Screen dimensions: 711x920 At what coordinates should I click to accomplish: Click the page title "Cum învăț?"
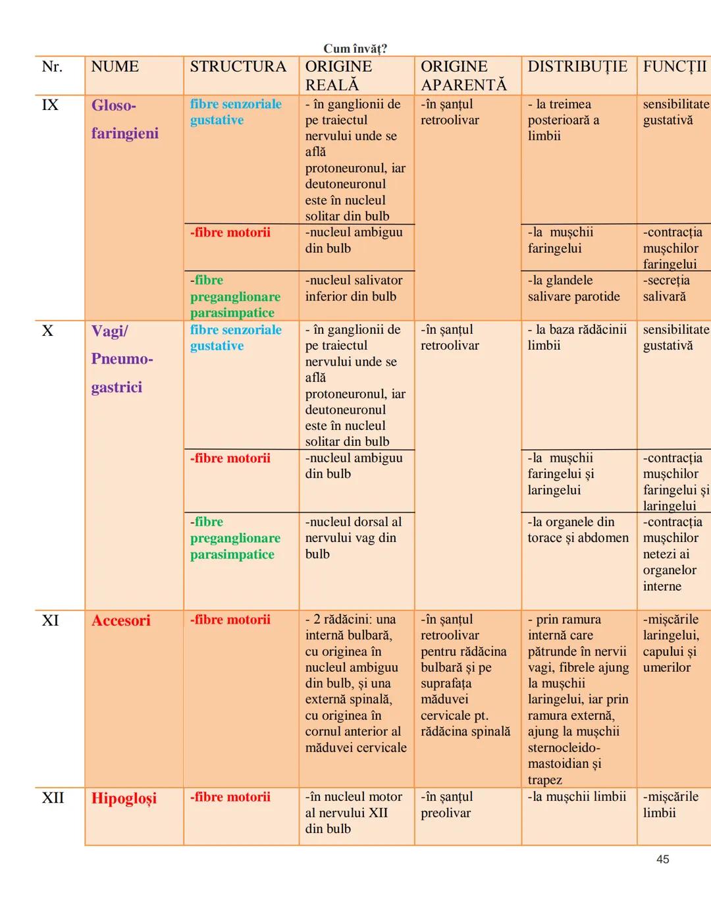tap(355, 49)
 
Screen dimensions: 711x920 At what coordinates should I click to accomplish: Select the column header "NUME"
tap(115, 67)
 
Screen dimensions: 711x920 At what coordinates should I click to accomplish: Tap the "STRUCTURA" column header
tap(238, 67)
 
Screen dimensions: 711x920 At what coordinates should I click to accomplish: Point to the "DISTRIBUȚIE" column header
tap(577, 67)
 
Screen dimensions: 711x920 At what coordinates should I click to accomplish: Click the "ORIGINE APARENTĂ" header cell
tap(463, 76)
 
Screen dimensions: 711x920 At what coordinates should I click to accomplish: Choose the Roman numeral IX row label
tap(50, 105)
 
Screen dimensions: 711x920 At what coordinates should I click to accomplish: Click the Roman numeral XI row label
tap(51, 620)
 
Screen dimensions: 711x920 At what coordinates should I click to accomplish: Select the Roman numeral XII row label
tap(53, 798)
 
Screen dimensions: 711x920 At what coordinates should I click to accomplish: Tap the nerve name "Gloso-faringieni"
tap(124, 119)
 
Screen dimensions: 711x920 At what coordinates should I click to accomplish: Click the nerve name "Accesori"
tap(121, 620)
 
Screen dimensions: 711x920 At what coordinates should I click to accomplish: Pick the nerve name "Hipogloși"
tap(124, 798)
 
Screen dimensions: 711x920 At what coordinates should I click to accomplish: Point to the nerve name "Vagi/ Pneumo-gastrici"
tap(122, 359)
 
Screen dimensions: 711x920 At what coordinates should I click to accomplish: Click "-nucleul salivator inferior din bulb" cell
tap(354, 288)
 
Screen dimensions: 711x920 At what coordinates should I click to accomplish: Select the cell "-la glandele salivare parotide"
tap(573, 288)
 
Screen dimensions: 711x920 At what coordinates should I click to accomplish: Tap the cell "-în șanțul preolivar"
tap(446, 805)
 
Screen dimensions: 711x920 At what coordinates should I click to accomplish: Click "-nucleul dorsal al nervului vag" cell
tap(353, 537)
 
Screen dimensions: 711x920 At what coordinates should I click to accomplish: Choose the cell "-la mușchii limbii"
tap(577, 797)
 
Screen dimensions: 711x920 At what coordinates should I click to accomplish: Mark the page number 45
tap(662, 859)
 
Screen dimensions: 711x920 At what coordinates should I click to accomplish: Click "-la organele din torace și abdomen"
tap(577, 529)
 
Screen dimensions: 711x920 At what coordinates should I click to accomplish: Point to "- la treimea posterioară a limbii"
tap(564, 120)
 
